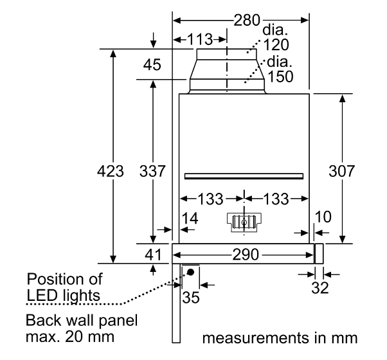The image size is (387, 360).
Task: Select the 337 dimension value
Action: [153, 172]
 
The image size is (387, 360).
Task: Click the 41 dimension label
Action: [152, 254]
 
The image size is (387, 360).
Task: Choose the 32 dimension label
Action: [319, 287]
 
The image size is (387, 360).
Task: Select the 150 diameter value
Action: [281, 76]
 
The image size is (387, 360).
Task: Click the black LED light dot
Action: [191, 272]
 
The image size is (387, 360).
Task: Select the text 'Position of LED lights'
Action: [64, 287]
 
